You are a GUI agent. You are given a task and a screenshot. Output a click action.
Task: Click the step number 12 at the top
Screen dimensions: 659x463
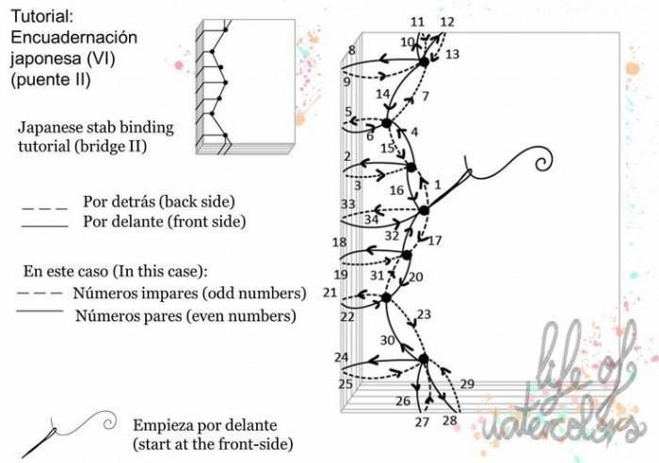coord(447,22)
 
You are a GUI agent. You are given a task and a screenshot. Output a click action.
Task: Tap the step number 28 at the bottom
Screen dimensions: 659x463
coord(450,420)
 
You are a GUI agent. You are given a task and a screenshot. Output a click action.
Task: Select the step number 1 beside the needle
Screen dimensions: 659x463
coord(438,184)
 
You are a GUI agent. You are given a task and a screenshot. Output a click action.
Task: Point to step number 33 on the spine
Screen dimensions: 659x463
coord(348,204)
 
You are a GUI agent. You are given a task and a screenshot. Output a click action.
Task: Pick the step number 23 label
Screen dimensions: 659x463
coord(424,314)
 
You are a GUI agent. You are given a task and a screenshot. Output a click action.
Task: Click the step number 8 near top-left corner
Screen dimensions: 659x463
coord(352,50)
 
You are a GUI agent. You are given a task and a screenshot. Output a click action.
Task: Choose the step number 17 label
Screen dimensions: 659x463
coord(435,240)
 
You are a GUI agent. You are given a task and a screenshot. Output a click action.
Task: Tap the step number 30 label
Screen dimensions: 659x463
coord(388,340)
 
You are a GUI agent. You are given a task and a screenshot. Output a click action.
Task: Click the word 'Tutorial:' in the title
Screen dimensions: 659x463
coord(42,16)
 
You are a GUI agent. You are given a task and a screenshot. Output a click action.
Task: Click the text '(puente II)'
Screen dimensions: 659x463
coord(51,79)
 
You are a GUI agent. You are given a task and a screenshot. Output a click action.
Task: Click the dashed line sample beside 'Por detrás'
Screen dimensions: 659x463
coord(45,208)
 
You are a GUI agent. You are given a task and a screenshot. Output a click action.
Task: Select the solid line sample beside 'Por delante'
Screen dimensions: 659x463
coord(45,227)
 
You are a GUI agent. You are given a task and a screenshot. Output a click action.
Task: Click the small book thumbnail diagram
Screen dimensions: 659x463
coord(246,87)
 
